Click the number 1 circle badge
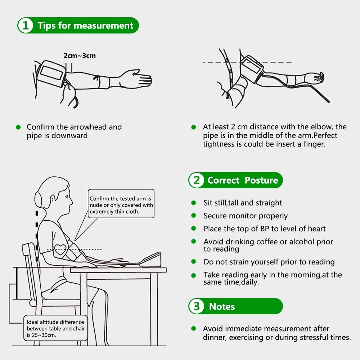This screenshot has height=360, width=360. [x=26, y=25]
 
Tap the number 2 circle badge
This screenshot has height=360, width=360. [x=197, y=180]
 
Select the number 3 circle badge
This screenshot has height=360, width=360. [x=197, y=306]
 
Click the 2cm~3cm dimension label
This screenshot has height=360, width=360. [x=80, y=55]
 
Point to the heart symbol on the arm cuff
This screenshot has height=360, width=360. [x=60, y=249]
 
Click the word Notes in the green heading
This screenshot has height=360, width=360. [x=222, y=307]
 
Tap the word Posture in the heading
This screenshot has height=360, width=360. [x=261, y=180]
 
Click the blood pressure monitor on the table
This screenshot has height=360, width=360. [x=150, y=260]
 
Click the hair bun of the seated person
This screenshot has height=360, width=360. [x=39, y=200]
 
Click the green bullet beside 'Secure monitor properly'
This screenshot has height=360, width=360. [x=194, y=216]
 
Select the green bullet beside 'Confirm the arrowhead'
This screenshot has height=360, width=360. [x=18, y=127]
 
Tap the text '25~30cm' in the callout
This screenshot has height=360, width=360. [x=44, y=335]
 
